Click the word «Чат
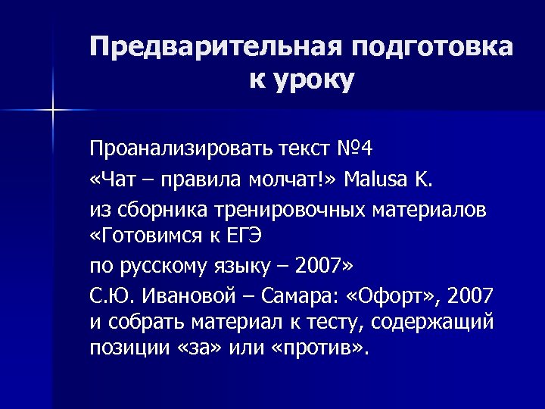(115, 179)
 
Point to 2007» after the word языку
(323, 266)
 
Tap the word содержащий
(443, 322)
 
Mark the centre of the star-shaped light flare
(53, 110)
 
